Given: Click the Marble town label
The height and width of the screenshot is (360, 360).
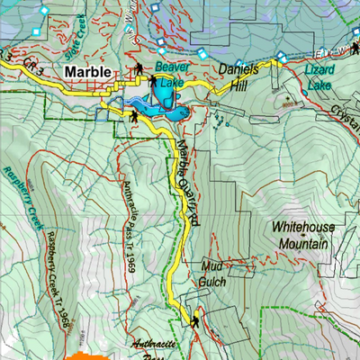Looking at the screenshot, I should [88, 72].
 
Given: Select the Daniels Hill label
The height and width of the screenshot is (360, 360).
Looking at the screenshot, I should [238, 75].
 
